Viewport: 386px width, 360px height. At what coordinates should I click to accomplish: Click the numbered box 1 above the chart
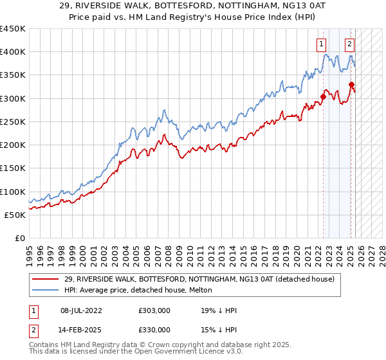[320, 44]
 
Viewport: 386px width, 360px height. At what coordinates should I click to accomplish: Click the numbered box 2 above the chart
[349, 44]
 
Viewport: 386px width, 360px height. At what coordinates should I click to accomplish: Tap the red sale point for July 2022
[323, 97]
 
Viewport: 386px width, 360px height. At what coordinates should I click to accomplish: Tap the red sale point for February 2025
[351, 84]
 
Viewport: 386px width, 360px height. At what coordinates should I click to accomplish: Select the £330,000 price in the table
[154, 330]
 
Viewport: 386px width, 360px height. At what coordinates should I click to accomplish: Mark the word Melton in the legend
[194, 291]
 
